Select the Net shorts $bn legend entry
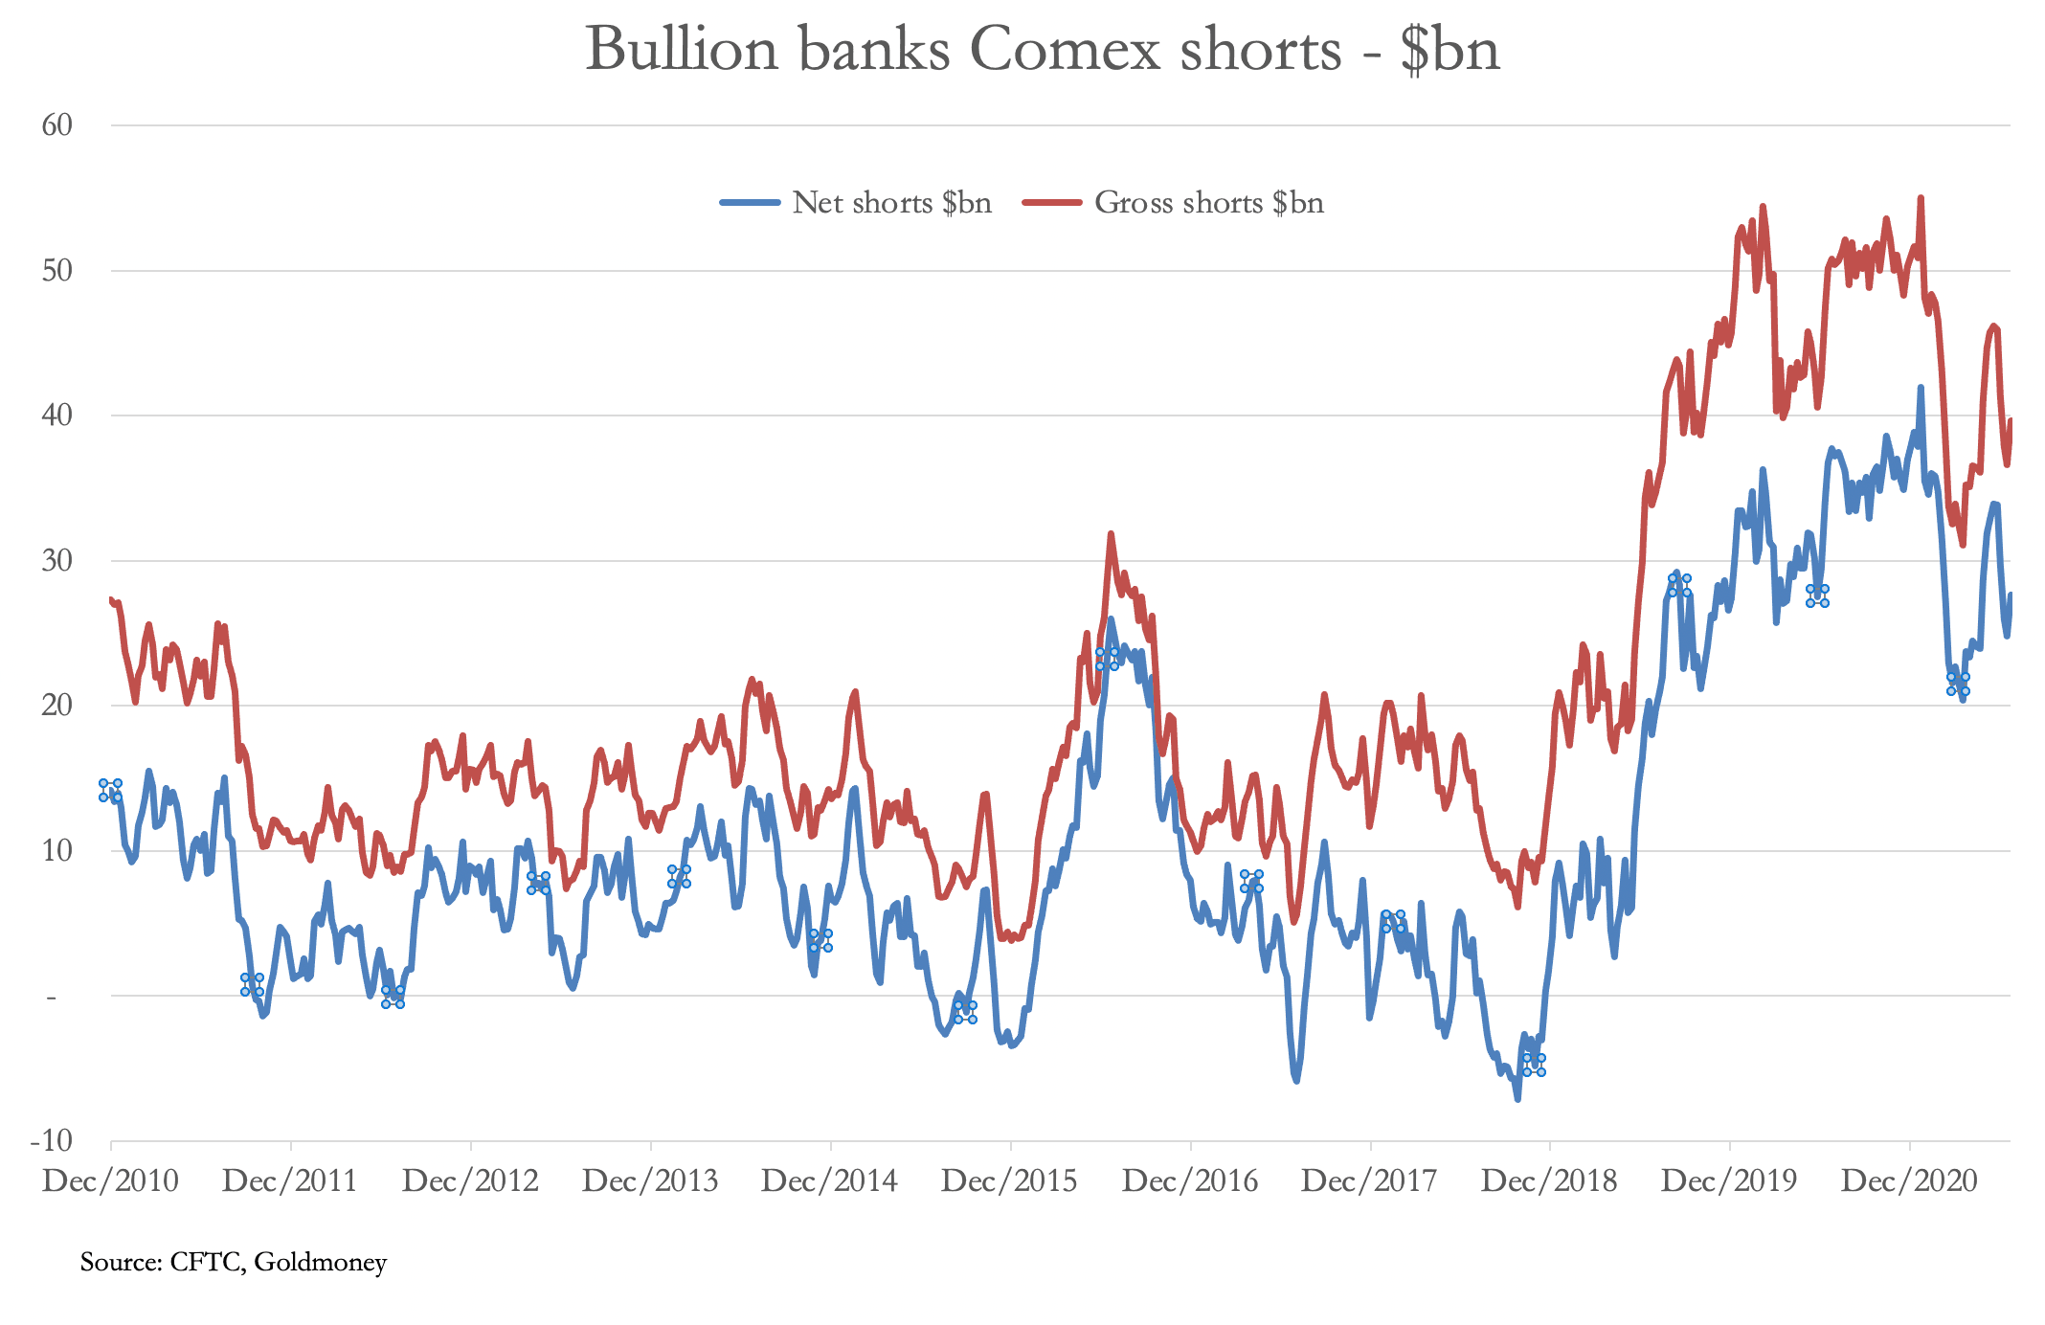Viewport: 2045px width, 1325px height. pyautogui.click(x=890, y=203)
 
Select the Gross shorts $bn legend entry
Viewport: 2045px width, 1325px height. pyautogui.click(x=1208, y=203)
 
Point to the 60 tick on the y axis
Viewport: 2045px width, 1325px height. pyautogui.click(x=57, y=124)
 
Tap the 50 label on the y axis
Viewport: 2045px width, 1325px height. pyautogui.click(x=57, y=270)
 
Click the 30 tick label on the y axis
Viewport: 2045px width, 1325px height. pyautogui.click(x=57, y=560)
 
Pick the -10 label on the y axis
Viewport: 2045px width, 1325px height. pyautogui.click(x=52, y=1140)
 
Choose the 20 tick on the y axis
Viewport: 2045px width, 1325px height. pyautogui.click(x=57, y=706)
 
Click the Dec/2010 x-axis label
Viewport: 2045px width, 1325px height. pyautogui.click(x=110, y=1181)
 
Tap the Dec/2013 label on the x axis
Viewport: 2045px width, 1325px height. pyautogui.click(x=650, y=1181)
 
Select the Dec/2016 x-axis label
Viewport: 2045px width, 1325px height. pyautogui.click(x=1190, y=1181)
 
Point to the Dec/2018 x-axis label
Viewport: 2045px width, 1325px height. pyautogui.click(x=1549, y=1181)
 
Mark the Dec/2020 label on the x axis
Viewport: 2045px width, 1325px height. pyautogui.click(x=1909, y=1181)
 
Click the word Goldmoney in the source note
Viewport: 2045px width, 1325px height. pyautogui.click(x=321, y=1263)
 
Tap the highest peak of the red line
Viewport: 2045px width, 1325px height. pyautogui.click(x=1921, y=198)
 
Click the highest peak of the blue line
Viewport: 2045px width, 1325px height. pyautogui.click(x=1921, y=388)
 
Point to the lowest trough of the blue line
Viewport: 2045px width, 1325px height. pyautogui.click(x=1517, y=1099)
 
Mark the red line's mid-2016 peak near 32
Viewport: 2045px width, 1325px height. pyautogui.click(x=1111, y=533)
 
